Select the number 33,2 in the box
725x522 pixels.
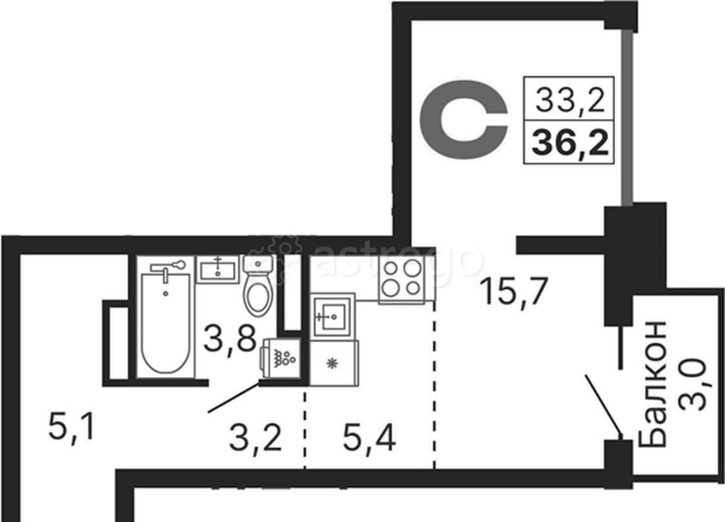point(570,99)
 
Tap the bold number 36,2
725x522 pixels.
point(570,141)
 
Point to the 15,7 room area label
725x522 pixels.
point(514,291)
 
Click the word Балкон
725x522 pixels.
point(652,384)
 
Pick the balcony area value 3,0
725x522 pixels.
point(694,384)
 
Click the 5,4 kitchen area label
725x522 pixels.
point(369,439)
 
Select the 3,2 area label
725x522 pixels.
point(255,439)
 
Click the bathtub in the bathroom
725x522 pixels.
point(165,322)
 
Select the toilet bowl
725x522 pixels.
point(258,285)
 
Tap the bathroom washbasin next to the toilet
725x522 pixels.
point(217,269)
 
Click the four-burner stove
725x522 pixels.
point(402,279)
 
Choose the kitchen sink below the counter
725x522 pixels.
point(333,316)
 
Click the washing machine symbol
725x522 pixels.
point(281,358)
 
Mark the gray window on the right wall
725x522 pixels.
point(626,117)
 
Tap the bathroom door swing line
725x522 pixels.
point(233,397)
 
